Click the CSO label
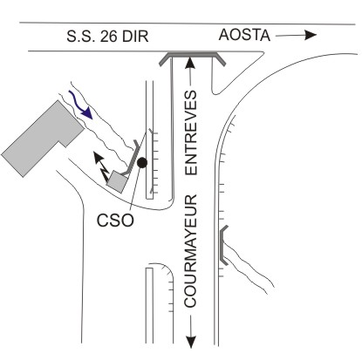pyautogui.click(x=115, y=221)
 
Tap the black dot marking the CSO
pyautogui.click(x=142, y=163)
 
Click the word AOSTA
pyautogui.click(x=244, y=35)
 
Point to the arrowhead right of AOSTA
pyautogui.click(x=311, y=35)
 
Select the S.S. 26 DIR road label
pyautogui.click(x=107, y=37)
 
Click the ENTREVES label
pyautogui.click(x=191, y=132)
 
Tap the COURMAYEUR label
pyautogui.click(x=191, y=251)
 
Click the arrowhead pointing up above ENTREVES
pyautogui.click(x=190, y=63)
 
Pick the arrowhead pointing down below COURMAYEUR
pyautogui.click(x=191, y=342)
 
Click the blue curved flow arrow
pyautogui.click(x=80, y=105)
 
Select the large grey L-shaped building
pyautogui.click(x=42, y=139)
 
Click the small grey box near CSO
pyautogui.click(x=117, y=181)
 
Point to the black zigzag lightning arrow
pyautogui.click(x=101, y=166)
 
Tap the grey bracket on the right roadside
pyautogui.click(x=222, y=245)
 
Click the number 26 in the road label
pyautogui.click(x=108, y=37)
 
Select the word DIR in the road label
pyautogui.click(x=135, y=37)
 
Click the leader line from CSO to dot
pyautogui.click(x=135, y=188)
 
